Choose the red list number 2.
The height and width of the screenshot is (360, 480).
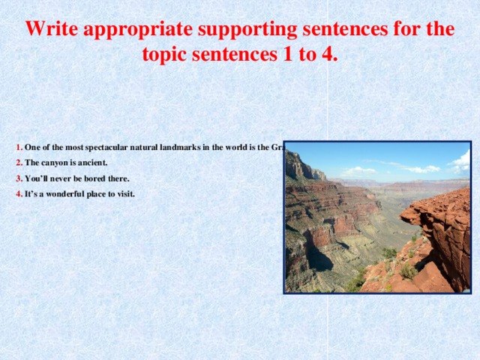point(19,163)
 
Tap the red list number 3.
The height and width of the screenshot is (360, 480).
point(19,178)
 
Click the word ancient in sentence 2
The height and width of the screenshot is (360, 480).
point(94,163)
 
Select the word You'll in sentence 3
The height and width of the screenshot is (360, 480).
point(36,178)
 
